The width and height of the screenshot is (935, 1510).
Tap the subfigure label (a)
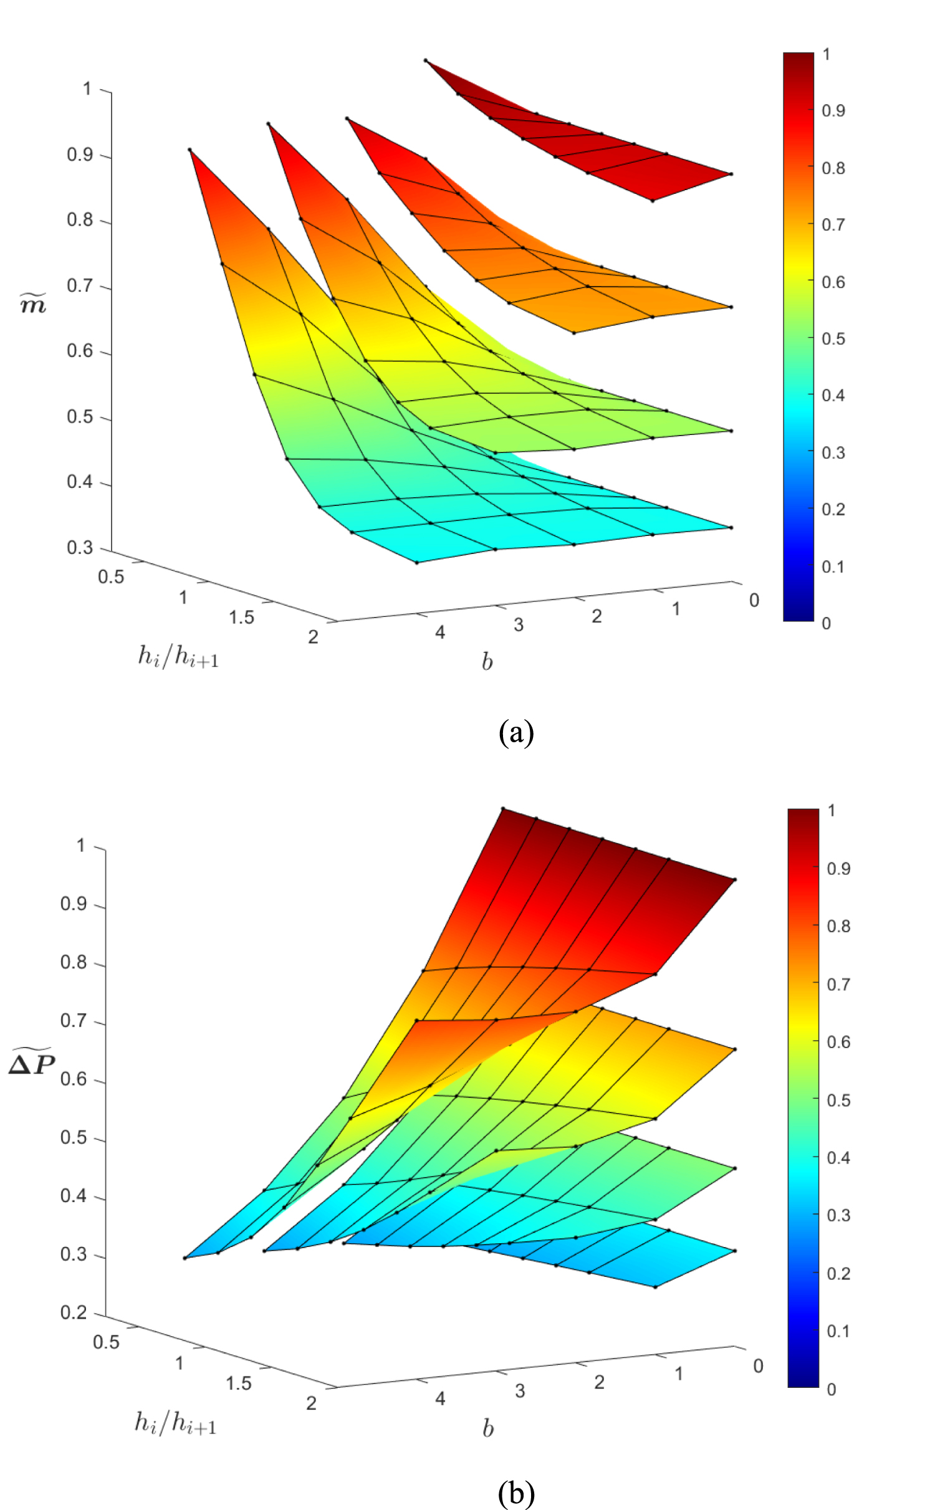(516, 733)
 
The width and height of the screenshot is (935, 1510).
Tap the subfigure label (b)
(516, 1493)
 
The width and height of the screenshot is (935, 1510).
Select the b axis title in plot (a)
(487, 662)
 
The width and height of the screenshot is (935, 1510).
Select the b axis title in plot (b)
(487, 1428)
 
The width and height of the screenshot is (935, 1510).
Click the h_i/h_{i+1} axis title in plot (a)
(178, 657)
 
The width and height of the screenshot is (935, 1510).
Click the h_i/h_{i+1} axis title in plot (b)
(176, 1423)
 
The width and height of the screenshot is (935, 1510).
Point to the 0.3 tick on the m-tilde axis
(80, 548)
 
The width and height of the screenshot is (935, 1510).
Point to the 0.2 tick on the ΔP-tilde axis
(74, 1312)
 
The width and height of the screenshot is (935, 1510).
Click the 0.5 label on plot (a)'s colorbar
(833, 339)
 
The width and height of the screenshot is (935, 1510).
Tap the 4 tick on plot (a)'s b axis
(440, 633)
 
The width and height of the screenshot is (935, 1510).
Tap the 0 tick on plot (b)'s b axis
(758, 1366)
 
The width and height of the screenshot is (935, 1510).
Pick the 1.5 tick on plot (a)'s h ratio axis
(241, 618)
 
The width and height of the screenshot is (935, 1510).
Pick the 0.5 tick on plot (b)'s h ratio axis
(106, 1342)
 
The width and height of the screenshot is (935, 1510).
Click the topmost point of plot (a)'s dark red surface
(426, 60)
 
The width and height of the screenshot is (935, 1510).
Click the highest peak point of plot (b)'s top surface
(503, 808)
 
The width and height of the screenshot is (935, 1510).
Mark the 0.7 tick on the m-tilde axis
(80, 286)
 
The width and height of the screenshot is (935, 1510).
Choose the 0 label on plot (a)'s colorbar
(826, 623)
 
